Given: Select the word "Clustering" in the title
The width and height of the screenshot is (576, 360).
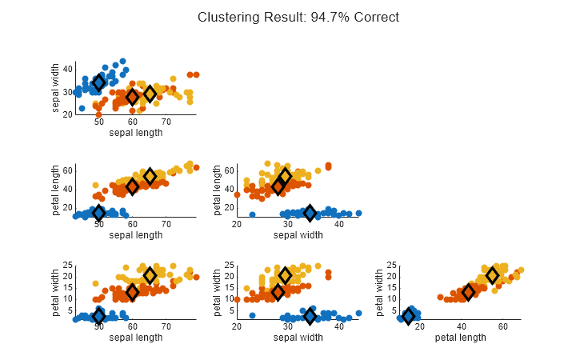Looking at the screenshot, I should [226, 17].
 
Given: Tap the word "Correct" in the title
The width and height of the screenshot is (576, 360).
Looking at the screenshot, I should [376, 17].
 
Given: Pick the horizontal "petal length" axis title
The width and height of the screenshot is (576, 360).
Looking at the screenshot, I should [460, 337].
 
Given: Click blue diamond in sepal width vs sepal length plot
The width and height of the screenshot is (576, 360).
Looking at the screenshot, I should [99, 82].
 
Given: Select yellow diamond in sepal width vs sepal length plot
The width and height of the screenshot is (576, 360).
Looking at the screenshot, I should [149, 94].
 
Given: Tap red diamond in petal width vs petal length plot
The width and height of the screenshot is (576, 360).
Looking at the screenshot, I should [468, 292].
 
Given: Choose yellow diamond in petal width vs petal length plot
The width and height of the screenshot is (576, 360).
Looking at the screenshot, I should [493, 275].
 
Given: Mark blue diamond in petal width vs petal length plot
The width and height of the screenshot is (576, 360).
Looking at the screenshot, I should [408, 316].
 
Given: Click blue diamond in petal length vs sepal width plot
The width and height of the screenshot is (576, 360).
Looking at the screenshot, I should [310, 213].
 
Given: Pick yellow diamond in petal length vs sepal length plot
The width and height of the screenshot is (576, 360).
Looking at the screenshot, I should [149, 177].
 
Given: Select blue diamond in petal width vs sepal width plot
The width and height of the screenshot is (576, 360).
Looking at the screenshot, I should [310, 316].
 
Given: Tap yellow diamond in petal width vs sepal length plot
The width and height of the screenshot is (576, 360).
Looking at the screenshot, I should [149, 275].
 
